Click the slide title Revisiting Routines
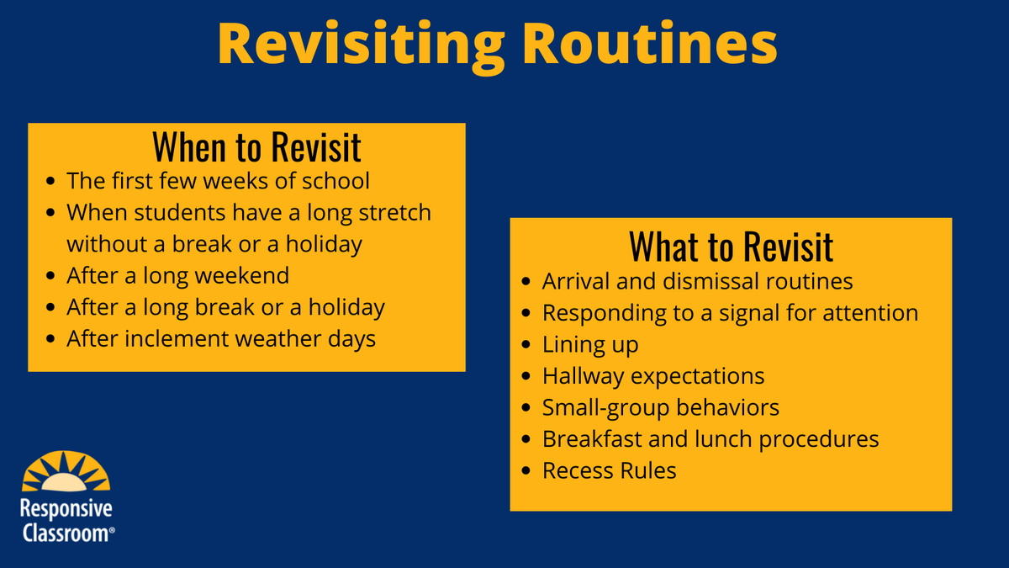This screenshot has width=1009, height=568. point(497,45)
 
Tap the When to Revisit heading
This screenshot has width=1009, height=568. point(256,147)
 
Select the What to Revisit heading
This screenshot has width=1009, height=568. point(731,246)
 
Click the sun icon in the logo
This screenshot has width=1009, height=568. point(66,474)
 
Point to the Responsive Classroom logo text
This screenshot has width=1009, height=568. point(66,520)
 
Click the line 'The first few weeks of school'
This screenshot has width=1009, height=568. point(218,181)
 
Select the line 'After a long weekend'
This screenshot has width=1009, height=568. point(177,275)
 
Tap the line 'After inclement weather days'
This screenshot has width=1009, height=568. point(221,338)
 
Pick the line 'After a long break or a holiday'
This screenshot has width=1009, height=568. point(225,307)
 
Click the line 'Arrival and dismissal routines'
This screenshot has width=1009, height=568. point(697,281)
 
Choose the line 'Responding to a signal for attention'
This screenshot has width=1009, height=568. point(730,313)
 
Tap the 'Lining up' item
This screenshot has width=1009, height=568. point(589,344)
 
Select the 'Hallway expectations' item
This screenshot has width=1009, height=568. point(652,375)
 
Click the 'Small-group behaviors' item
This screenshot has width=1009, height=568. point(660,407)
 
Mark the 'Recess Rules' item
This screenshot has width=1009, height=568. point(609,470)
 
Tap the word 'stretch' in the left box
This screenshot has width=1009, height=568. point(394,212)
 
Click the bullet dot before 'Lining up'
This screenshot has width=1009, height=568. point(526,345)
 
